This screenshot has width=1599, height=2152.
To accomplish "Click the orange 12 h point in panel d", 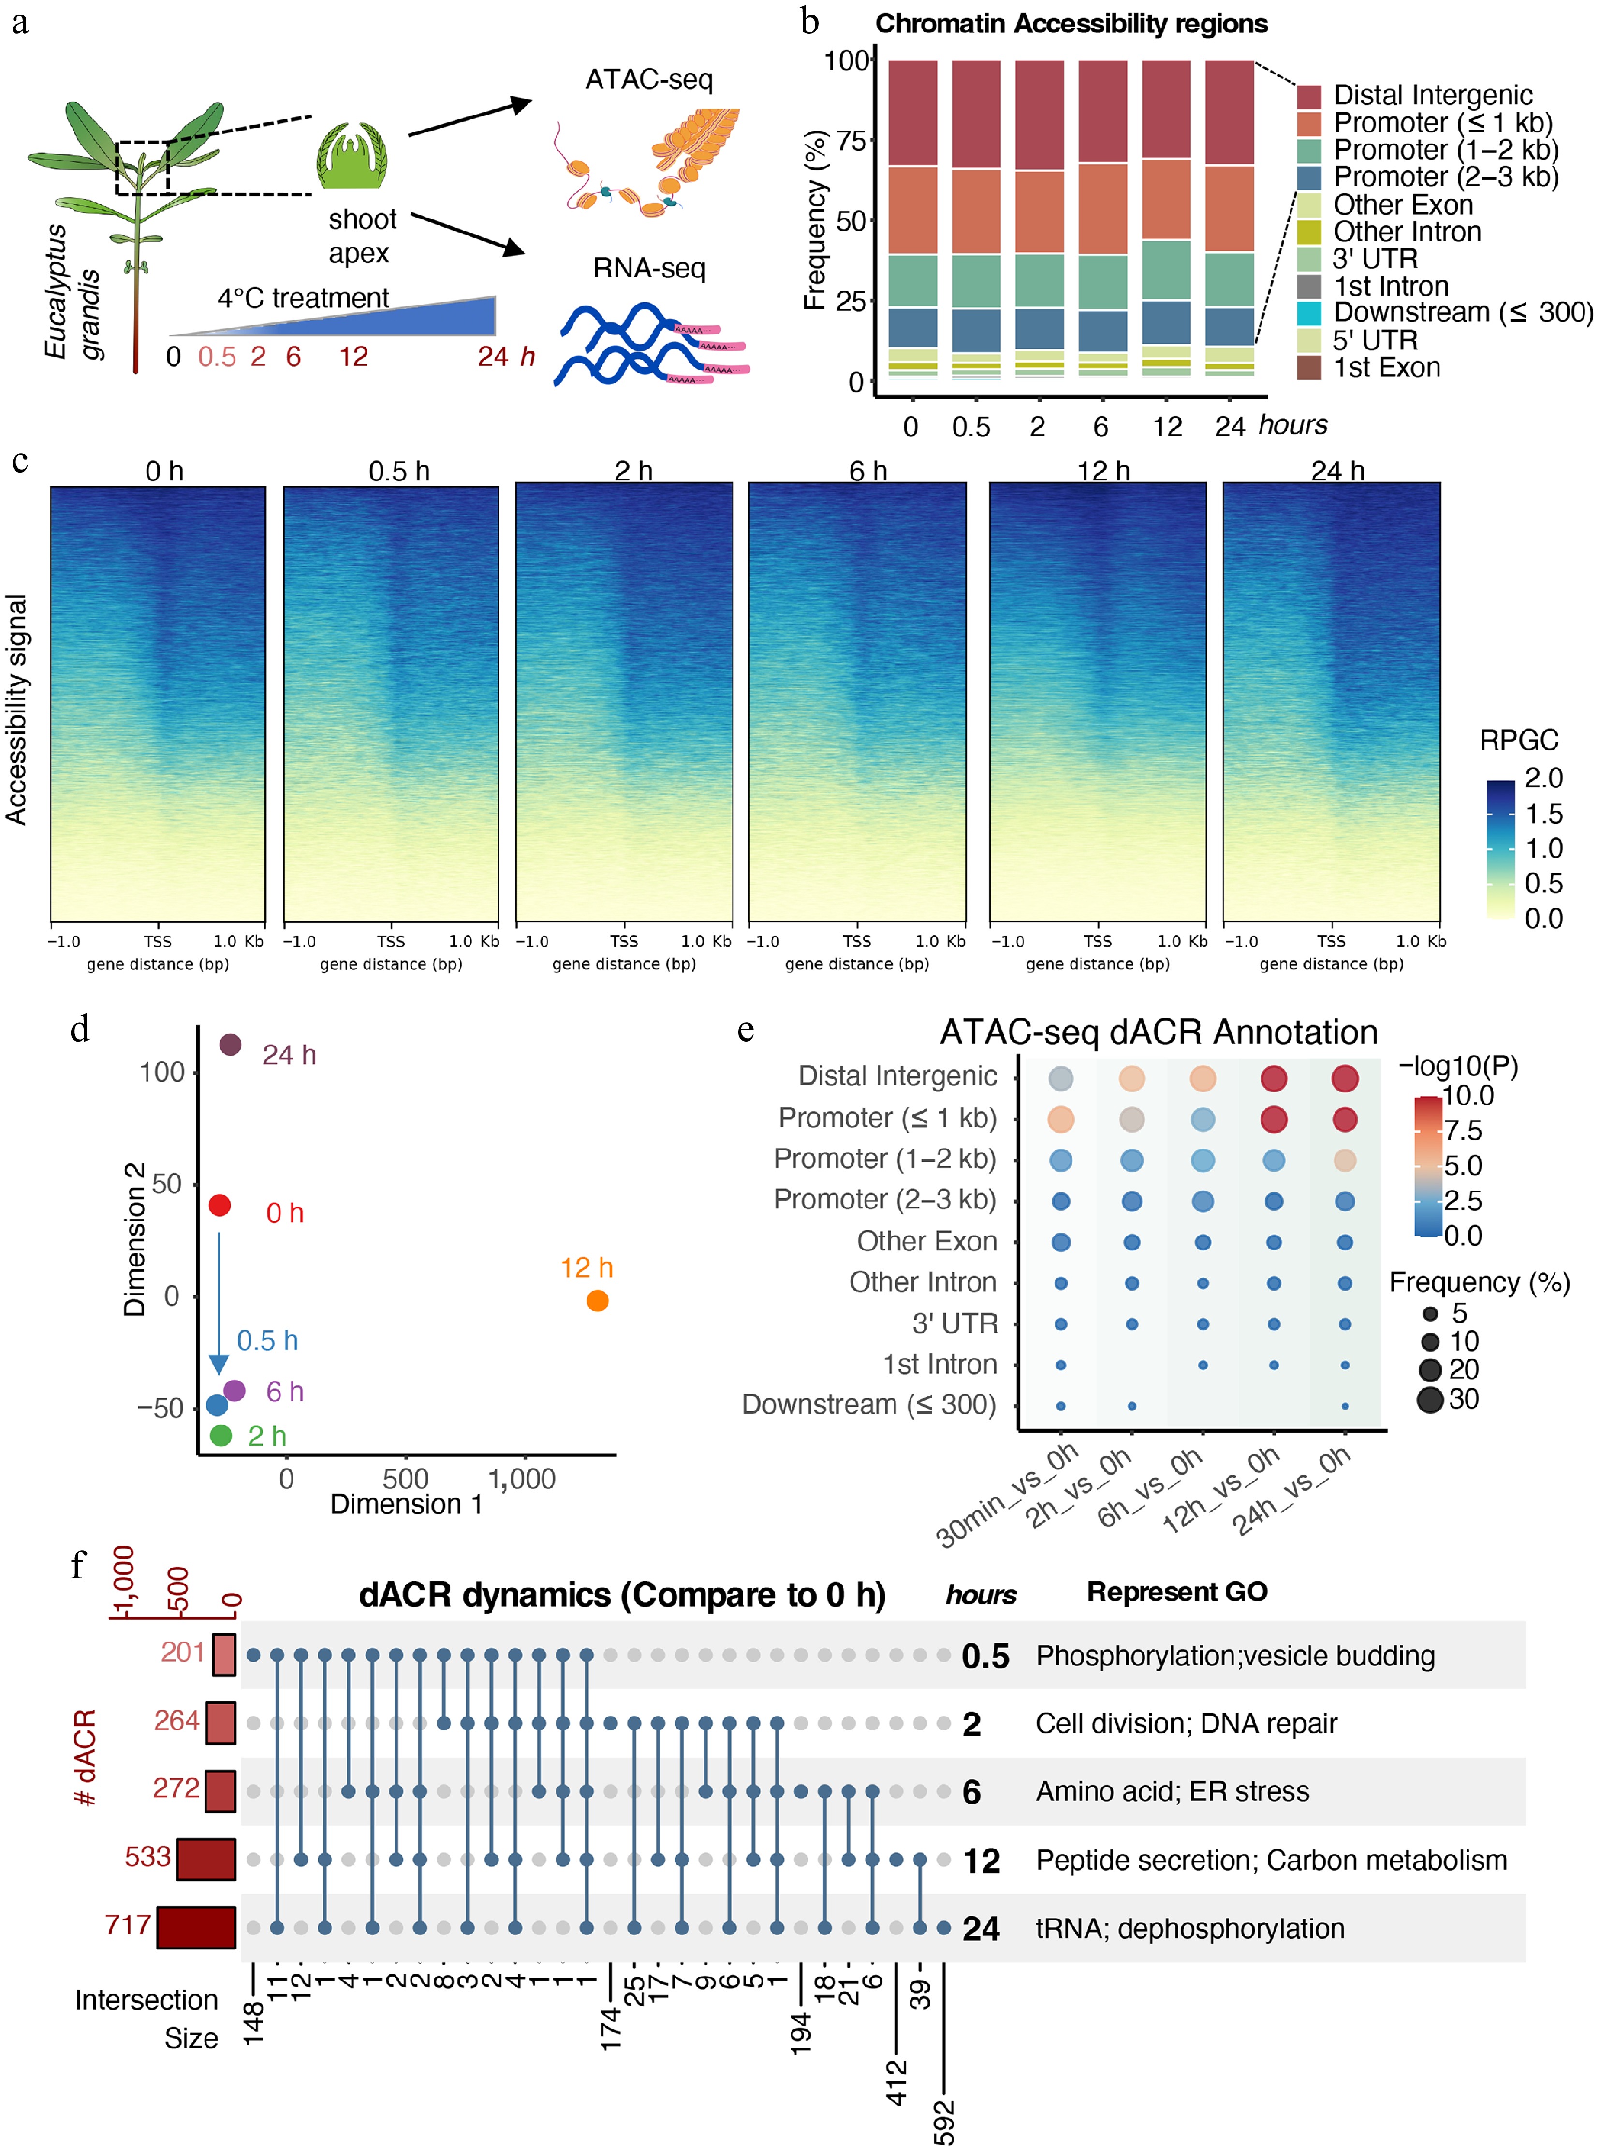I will click(x=597, y=1300).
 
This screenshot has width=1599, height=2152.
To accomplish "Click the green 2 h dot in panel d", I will click(x=220, y=1435).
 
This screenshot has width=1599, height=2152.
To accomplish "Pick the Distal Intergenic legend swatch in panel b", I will click(x=1308, y=96).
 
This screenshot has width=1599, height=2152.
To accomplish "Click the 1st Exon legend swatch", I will click(x=1308, y=368).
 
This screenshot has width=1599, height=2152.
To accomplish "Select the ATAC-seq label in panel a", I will click(x=648, y=79).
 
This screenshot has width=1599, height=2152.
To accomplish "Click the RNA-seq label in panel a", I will click(x=648, y=268).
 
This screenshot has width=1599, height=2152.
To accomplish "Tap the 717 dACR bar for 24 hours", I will click(x=196, y=1927).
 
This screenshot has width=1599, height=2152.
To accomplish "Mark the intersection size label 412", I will click(x=896, y=2082).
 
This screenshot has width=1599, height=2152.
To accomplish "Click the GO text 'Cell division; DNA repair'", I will click(x=1186, y=1723).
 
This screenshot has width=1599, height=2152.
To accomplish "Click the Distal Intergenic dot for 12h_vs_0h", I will click(x=1274, y=1078).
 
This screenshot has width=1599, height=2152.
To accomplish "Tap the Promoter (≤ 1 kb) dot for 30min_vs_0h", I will click(x=1061, y=1120).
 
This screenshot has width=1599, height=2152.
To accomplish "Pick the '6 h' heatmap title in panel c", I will click(x=867, y=471).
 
